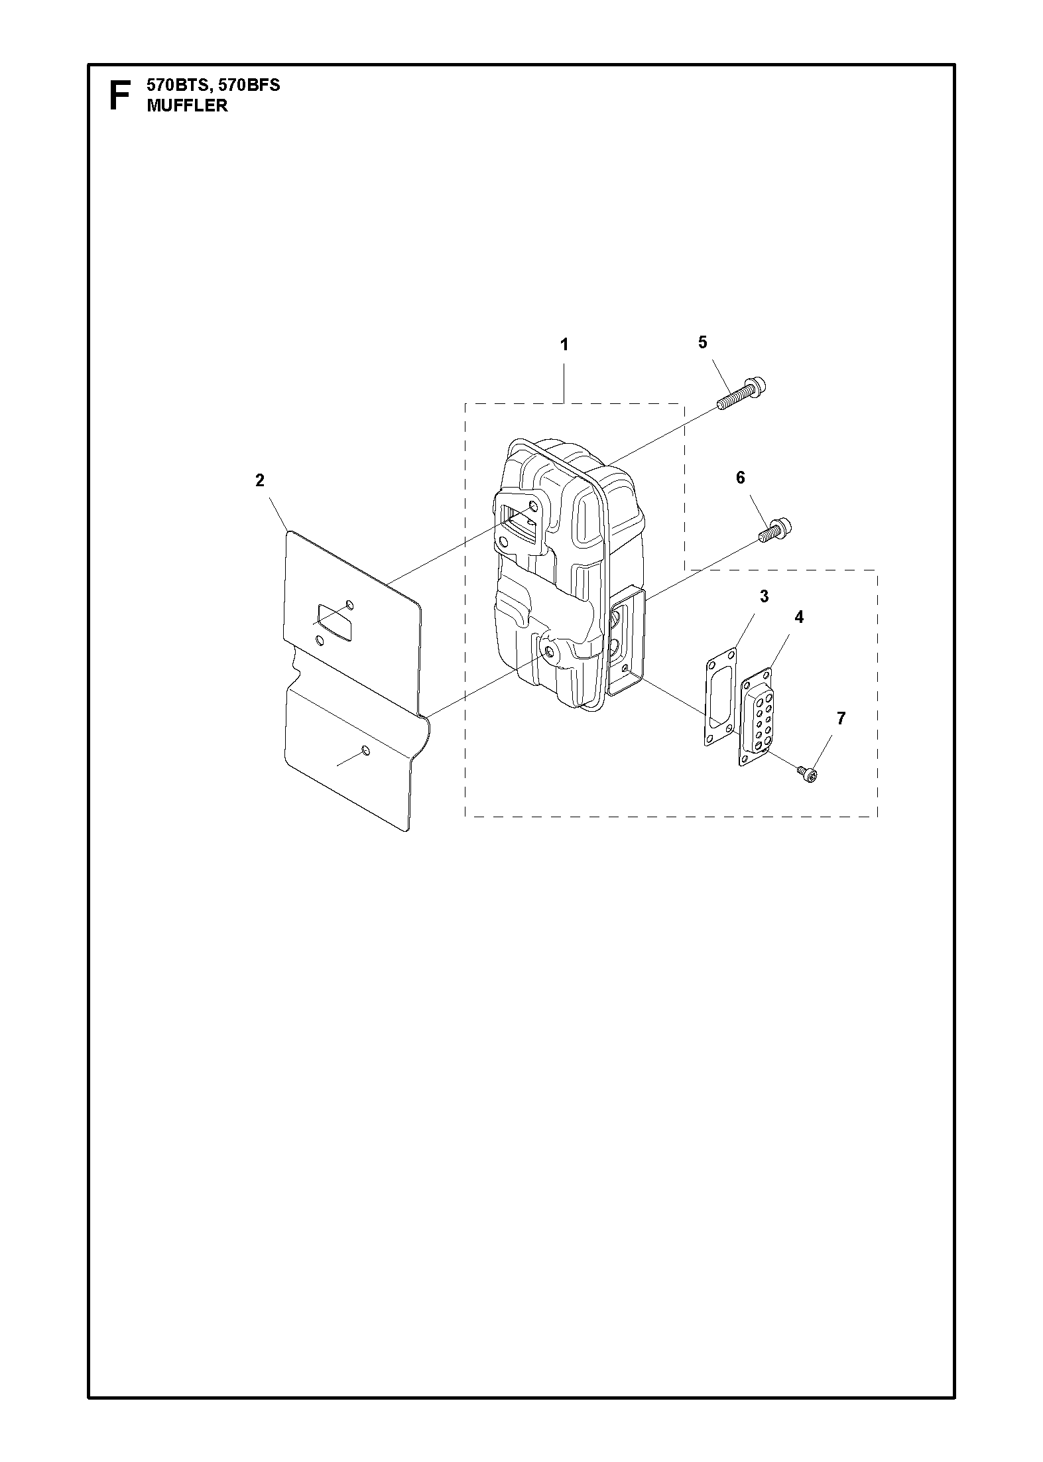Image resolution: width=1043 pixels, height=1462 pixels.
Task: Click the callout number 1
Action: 564,345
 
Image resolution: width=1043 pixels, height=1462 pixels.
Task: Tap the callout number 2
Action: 260,480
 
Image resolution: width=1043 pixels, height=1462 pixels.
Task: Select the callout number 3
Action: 764,596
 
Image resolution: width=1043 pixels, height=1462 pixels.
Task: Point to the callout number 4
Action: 799,617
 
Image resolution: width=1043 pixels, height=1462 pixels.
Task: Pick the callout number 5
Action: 703,342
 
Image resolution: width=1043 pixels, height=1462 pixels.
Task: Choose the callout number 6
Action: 741,478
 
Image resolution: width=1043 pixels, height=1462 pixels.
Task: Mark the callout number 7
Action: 841,718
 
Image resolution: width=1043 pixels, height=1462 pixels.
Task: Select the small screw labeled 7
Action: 807,773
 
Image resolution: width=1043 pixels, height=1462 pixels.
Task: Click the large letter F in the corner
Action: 119,96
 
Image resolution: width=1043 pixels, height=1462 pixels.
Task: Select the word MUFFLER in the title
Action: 187,105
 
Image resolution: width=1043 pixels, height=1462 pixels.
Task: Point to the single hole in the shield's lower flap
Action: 365,751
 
